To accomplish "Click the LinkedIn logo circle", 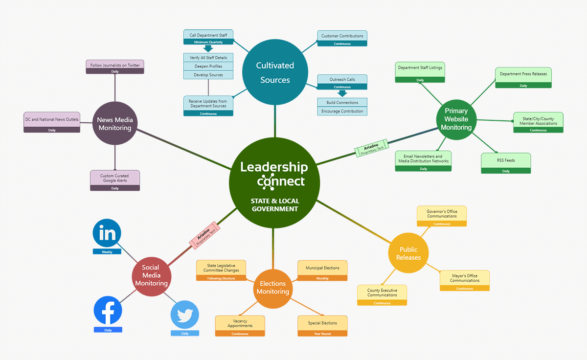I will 107,233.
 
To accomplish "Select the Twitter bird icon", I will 185,315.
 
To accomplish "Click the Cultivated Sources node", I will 275,72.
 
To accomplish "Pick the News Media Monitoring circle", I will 115,124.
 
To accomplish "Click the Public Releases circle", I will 408,253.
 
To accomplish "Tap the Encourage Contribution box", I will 342,112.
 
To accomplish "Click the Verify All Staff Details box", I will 208,58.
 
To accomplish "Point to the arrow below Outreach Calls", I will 342,93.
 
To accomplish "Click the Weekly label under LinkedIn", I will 107,252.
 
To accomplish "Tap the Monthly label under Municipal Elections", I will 322,278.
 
